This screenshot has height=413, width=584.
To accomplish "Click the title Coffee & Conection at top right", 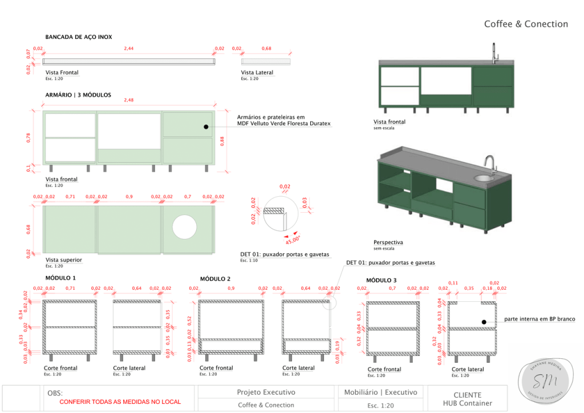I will coord(526,24).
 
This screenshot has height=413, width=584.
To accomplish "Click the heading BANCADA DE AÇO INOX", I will coord(79,37).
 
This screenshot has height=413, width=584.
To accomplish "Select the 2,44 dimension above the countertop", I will coord(129,48).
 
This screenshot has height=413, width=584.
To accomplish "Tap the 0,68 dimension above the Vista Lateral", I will coord(266,48).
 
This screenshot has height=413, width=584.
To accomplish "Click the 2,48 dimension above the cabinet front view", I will coord(129,100).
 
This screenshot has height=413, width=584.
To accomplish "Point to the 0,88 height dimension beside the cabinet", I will coord(222,140).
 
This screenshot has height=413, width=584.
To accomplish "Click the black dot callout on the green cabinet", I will coord(206,127).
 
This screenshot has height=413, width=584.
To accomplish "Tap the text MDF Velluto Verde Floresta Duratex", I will coord(283,123).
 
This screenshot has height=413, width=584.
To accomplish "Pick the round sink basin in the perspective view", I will coord(482,178).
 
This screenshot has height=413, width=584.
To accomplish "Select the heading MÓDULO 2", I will coord(215,279).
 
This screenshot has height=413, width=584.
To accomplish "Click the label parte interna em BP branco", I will coord(540,319).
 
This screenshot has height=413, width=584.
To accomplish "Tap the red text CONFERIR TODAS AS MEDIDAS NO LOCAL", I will coord(120,402).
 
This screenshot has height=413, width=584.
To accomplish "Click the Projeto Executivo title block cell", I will coord(266,392).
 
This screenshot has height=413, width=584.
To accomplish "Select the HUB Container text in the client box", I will coord(467,403).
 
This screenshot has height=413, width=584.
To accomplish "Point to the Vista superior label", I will coord(63,260).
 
